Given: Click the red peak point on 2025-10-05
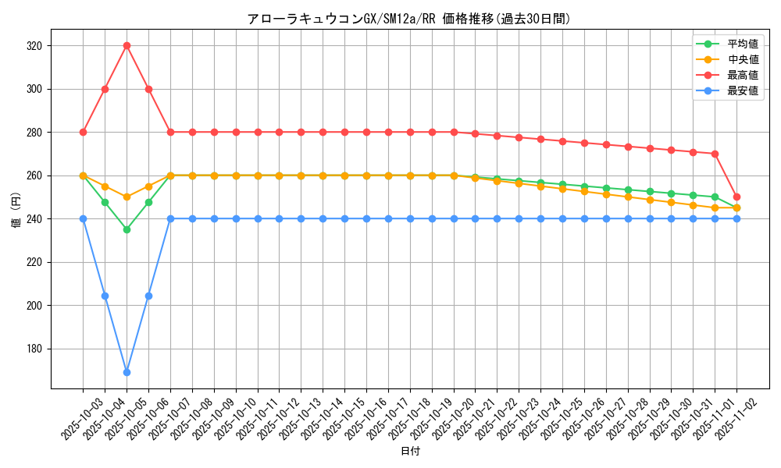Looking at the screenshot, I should tap(127, 45).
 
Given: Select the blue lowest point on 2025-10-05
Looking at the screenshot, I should tap(127, 372).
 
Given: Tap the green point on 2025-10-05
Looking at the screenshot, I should tap(127, 229).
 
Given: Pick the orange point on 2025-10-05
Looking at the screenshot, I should tap(127, 197).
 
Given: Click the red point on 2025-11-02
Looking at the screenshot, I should tap(736, 197).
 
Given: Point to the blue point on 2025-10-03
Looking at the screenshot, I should tap(83, 218).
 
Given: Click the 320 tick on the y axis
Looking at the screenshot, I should tap(34, 46).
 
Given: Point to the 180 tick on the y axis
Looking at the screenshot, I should tap(34, 349).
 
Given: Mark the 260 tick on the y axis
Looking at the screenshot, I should tap(34, 175).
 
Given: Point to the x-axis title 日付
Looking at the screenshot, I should tap(410, 452).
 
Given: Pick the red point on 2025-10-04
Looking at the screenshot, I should tap(105, 89).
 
